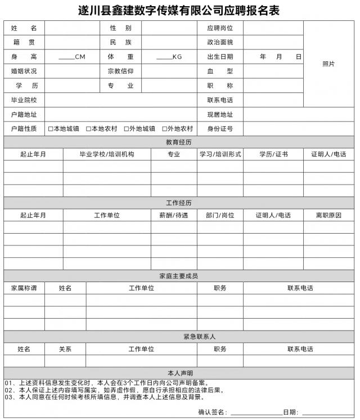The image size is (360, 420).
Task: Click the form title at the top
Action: [179, 10]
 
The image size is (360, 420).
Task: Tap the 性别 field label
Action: [121, 28]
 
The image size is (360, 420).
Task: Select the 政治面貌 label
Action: [220, 42]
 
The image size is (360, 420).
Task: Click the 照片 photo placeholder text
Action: [328, 64]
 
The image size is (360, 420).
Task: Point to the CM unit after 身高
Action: [80, 57]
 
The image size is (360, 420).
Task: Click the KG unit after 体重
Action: [177, 57]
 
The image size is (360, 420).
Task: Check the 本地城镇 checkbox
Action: [51, 129]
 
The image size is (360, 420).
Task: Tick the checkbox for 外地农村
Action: [165, 129]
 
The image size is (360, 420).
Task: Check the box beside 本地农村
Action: [89, 129]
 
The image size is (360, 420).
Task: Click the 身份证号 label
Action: [220, 129]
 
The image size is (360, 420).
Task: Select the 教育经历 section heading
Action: [179, 142]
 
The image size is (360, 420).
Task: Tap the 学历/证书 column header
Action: [273, 154]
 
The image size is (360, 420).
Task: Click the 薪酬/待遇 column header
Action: [174, 215]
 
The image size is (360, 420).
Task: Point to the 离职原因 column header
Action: [328, 215]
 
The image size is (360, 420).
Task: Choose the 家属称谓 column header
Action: [24, 288]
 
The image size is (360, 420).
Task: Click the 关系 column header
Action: [65, 349]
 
